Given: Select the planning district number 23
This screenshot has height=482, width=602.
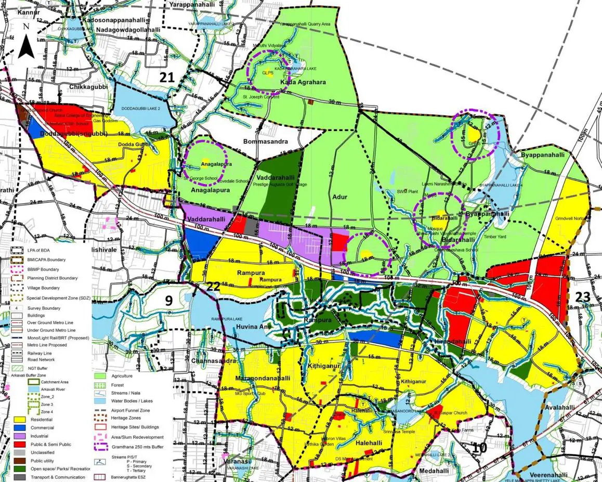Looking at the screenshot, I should (x=583, y=297).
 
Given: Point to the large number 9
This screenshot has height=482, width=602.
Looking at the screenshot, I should (x=169, y=300).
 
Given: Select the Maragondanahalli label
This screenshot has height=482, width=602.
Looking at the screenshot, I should (x=262, y=377).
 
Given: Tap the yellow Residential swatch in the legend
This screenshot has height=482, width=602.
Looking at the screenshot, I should (x=21, y=419).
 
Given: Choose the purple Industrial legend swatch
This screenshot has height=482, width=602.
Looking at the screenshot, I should (x=21, y=436).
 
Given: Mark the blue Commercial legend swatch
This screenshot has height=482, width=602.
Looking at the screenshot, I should (x=21, y=427).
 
